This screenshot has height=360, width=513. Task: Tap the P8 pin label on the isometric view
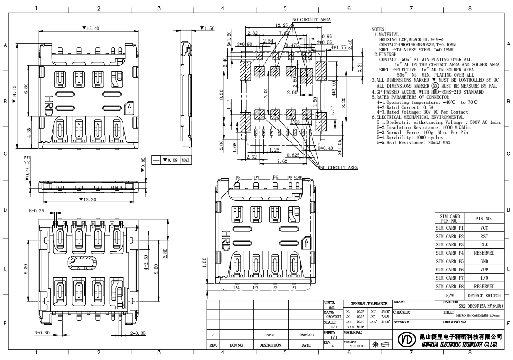tap(238, 177)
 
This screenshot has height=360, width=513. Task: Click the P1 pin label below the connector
tap(293, 288)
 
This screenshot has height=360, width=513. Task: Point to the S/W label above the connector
tap(298, 177)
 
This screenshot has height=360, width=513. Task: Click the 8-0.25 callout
tap(38, 211)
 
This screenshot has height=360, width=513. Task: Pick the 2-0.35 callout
tap(139, 333)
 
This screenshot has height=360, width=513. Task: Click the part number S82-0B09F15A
tap(478, 306)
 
